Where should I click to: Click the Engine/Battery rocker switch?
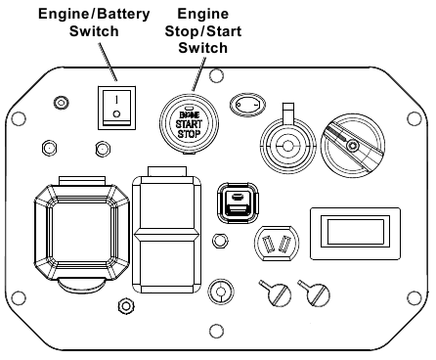coord(116,108)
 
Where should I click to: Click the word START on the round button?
coord(189,124)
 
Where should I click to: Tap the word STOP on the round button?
coord(189,134)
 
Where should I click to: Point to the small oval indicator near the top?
coord(247,105)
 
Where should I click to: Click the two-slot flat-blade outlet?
coord(277,244)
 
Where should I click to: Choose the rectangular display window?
coord(355,234)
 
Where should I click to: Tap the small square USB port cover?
coord(238,202)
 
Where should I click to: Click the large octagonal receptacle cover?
coord(82,232)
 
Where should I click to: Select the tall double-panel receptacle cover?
coord(166,230)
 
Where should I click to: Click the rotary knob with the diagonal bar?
coord(353,146)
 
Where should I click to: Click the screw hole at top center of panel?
coord(216,75)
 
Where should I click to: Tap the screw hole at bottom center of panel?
coord(216,331)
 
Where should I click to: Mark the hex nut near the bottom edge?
coord(126,306)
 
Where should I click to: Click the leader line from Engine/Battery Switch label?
coord(108,62)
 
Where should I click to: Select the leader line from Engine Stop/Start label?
coord(199,73)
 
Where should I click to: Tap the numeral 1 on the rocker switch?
coord(116,99)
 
